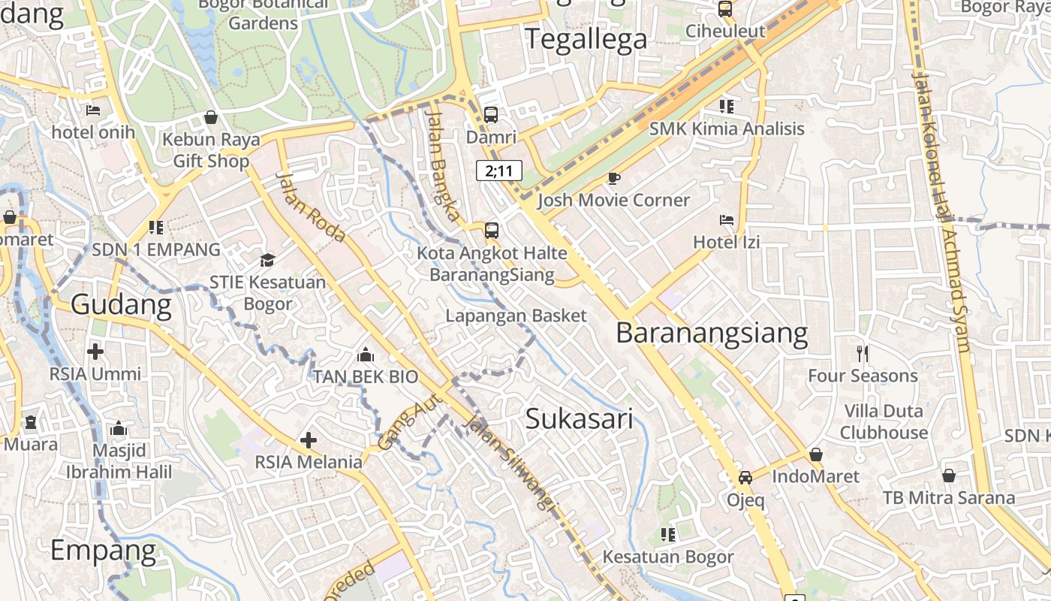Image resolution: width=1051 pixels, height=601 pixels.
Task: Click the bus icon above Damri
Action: pos(490,115)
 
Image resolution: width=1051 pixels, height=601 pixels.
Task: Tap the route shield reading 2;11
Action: pos(499,171)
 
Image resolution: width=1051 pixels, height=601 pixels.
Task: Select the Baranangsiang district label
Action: pos(712,332)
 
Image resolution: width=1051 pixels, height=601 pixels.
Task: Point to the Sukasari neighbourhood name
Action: pos(579,418)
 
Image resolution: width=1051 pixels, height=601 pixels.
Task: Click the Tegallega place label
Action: pos(586,38)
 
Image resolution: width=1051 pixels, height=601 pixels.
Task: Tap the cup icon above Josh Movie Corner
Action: pos(613,178)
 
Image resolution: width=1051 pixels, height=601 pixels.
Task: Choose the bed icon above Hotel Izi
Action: pos(727,220)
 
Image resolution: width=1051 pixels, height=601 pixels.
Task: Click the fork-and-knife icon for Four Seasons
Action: pos(863,353)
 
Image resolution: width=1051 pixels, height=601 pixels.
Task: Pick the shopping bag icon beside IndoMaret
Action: pos(816,455)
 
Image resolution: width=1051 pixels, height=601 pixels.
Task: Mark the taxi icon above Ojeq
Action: pos(745,477)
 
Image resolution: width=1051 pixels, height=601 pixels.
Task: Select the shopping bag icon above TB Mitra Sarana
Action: pos(949,476)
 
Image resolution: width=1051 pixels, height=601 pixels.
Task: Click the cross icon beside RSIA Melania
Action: pos(309,440)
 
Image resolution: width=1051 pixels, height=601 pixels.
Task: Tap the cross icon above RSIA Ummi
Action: pos(95,351)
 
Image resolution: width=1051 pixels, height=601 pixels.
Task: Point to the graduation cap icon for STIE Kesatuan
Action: pos(267,260)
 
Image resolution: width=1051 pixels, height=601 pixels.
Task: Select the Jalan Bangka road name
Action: pos(443,165)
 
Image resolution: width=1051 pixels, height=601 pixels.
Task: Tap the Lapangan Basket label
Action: pos(516,316)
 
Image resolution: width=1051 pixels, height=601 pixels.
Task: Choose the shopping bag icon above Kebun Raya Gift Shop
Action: pos(211,117)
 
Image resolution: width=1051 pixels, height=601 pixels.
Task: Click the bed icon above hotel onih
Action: pos(93,110)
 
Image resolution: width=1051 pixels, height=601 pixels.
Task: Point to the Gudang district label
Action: pos(121,304)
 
